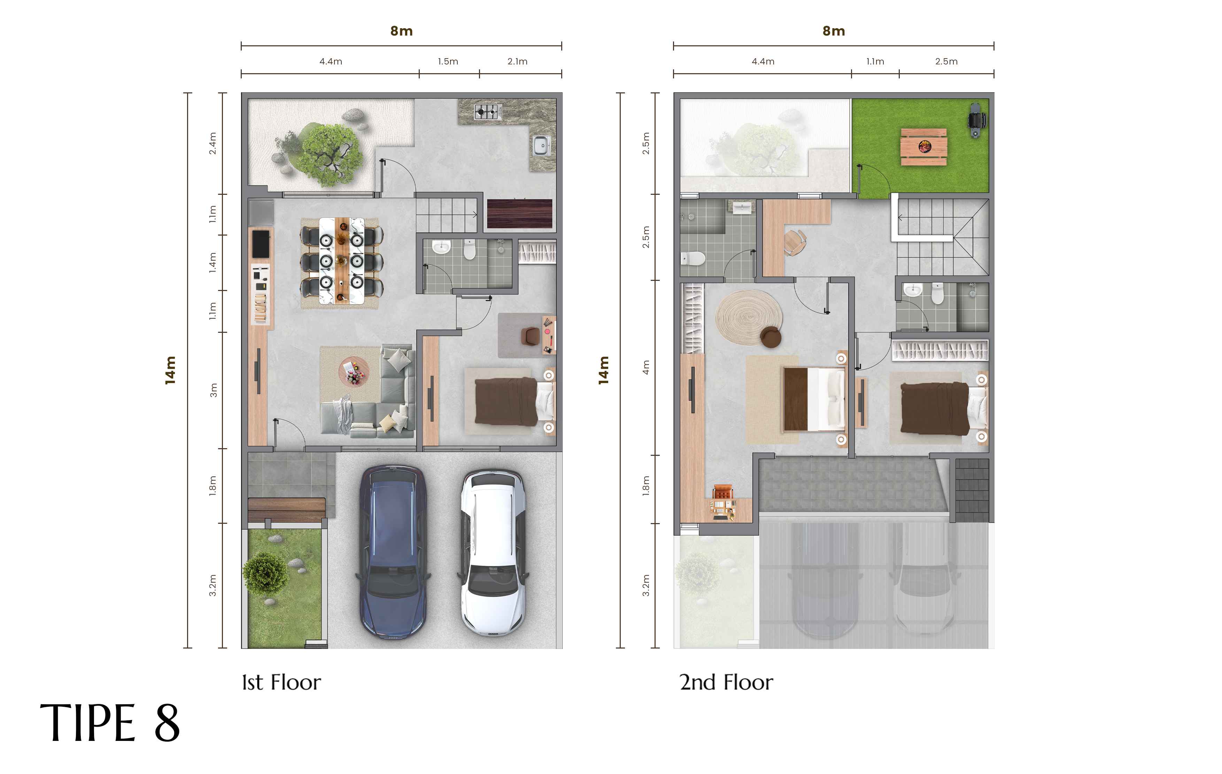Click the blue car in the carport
[x=392, y=552]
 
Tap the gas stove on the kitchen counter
[x=488, y=112]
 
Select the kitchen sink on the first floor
[x=541, y=146]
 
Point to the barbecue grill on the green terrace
[x=976, y=120]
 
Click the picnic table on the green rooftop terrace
[x=923, y=147]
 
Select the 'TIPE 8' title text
[x=110, y=723]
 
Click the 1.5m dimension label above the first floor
[x=448, y=61]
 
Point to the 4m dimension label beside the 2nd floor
[x=646, y=367]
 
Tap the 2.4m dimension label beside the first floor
[x=212, y=143]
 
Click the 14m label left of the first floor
[x=170, y=370]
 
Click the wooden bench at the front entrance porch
[x=287, y=509]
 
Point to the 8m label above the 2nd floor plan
[x=833, y=31]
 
